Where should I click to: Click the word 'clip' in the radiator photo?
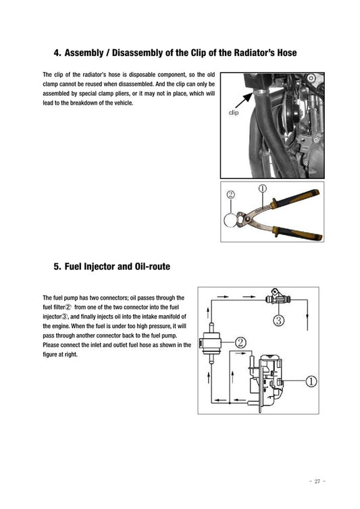(x=234, y=113)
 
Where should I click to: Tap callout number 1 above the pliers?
(x=262, y=190)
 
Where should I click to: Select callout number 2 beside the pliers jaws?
(x=231, y=194)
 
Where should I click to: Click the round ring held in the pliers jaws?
(x=233, y=219)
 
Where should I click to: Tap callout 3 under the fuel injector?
(x=278, y=320)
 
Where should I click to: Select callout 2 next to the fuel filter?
(x=240, y=342)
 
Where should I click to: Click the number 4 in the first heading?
(x=57, y=53)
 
